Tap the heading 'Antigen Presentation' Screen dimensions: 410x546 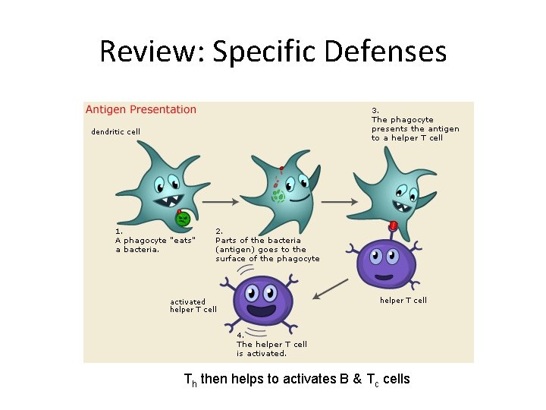pyautogui.click(x=141, y=109)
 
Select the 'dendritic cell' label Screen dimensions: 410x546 pyautogui.click(x=115, y=132)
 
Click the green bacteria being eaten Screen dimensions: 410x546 pyautogui.click(x=183, y=219)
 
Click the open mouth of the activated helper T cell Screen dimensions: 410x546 pyautogui.click(x=262, y=310)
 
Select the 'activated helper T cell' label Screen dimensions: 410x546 pyautogui.click(x=193, y=305)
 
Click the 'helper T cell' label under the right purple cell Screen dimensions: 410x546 pyautogui.click(x=403, y=301)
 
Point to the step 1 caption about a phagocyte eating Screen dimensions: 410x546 pyautogui.click(x=155, y=240)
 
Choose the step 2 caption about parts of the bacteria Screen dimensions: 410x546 pyautogui.click(x=267, y=244)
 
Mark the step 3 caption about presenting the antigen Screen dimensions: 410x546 pyautogui.click(x=415, y=124)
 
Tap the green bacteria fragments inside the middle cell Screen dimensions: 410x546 pyautogui.click(x=278, y=197)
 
